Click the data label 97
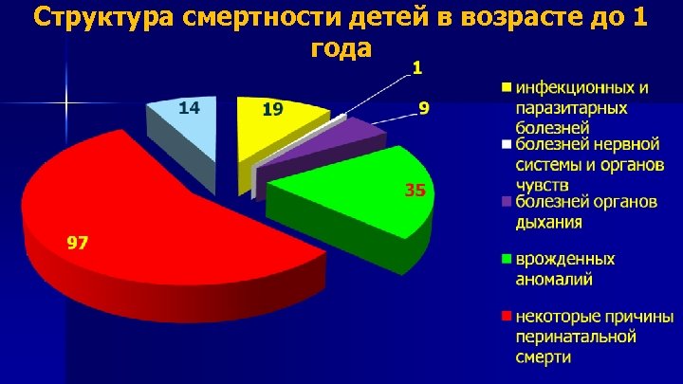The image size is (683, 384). pos(77,244)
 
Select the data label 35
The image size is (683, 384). pos(415,191)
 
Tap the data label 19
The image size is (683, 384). pos(272,110)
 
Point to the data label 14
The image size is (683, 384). pos(189,108)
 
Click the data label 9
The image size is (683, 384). pos(424,109)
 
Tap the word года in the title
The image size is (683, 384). pos(341,47)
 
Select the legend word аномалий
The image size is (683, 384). pos(554,279)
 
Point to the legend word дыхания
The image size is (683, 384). pos(549,222)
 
